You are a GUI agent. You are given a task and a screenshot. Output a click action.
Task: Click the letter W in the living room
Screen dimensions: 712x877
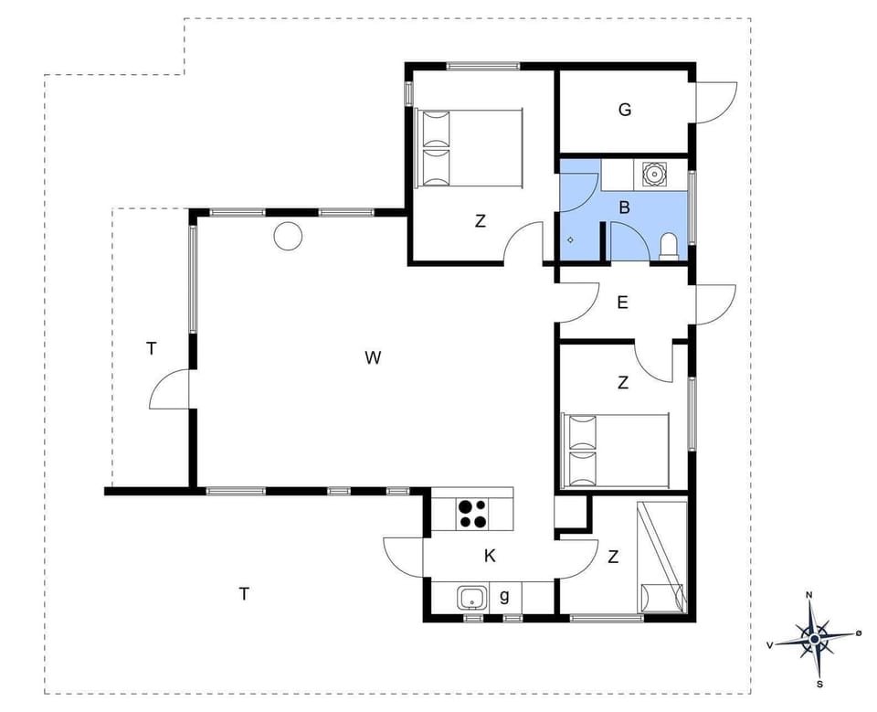point(373,357)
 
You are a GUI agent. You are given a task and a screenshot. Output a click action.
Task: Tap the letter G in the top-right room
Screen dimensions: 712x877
point(625,110)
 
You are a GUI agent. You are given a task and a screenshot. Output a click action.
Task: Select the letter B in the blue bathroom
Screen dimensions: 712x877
point(625,207)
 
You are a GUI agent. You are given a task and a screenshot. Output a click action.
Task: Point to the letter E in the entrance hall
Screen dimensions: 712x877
point(623,303)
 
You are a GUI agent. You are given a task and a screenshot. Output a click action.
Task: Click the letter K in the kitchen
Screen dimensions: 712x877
point(490,556)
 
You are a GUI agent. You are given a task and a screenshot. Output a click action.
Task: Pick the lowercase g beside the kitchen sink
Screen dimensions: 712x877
point(504,596)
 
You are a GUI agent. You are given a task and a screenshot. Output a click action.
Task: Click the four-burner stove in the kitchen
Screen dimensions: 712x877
point(472,515)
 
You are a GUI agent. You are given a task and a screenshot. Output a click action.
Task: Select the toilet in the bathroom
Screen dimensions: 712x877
point(669,247)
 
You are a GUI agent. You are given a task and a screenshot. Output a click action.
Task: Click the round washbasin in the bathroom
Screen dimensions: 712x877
point(654,172)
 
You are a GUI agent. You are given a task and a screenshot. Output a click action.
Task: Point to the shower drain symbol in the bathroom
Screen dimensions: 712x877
point(571,239)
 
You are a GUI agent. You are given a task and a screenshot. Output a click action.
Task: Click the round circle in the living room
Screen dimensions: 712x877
point(288,236)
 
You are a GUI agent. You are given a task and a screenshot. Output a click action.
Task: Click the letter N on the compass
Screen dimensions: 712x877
point(808,595)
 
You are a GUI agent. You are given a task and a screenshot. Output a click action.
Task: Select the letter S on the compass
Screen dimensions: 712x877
point(819,683)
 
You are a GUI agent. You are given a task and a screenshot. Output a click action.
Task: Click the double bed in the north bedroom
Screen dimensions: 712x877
point(469,148)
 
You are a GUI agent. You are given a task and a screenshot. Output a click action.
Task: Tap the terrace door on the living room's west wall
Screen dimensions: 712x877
point(170,390)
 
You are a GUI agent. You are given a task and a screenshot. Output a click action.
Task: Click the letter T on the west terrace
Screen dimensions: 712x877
point(152,347)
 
